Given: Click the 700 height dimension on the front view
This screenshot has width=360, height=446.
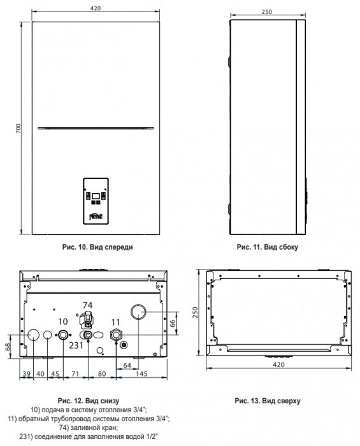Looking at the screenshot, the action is tap(18, 129).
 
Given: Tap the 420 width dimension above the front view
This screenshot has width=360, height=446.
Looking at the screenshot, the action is tap(96, 8).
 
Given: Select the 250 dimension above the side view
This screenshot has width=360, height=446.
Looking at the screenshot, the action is tap(267, 11).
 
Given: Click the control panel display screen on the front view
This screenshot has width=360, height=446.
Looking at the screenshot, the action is tap(96, 196).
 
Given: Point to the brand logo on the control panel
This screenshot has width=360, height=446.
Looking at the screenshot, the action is tap(96, 217).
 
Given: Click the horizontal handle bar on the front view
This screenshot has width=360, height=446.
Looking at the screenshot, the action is tap(96, 128).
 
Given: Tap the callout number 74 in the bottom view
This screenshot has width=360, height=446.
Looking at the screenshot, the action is tap(87, 305).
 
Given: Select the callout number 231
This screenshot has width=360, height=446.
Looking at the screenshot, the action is tap(76, 345).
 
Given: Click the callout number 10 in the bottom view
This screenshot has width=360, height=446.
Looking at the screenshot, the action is tap(63, 322).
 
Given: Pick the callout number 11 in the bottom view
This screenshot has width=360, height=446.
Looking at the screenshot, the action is tap(115, 322).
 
